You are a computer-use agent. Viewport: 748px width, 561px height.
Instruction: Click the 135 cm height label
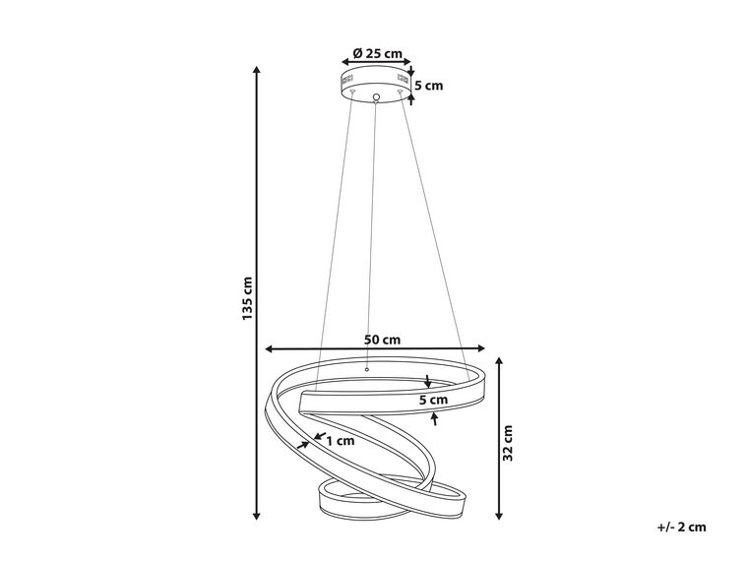click(247, 298)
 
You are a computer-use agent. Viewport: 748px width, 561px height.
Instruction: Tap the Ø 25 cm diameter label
click(377, 53)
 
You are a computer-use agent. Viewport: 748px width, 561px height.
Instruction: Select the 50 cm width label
click(382, 340)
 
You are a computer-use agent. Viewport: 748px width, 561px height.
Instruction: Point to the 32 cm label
click(508, 443)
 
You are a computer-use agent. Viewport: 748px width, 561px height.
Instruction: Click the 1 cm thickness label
click(341, 441)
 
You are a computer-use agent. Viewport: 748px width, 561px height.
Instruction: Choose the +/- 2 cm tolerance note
click(681, 528)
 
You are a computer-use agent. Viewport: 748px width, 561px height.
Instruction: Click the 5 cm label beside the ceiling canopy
click(429, 86)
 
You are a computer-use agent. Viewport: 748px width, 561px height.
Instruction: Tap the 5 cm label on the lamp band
click(434, 400)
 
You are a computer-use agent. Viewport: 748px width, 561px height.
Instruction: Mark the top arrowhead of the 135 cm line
click(257, 70)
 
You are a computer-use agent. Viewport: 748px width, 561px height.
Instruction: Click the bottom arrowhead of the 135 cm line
click(257, 515)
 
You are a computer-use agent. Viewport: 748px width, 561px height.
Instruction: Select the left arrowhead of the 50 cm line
click(269, 349)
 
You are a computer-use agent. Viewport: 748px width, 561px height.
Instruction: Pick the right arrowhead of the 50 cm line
click(481, 348)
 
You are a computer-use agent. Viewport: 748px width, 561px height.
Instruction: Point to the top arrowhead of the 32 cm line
click(499, 361)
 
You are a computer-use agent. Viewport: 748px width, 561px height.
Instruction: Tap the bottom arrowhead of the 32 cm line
click(499, 515)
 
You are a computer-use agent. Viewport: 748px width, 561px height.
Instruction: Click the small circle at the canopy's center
click(376, 97)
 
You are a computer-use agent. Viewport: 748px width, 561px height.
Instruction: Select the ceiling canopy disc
click(376, 85)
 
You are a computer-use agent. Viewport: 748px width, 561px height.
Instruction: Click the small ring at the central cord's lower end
click(366, 369)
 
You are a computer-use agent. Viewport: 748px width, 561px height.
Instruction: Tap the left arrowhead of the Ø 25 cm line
click(345, 62)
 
